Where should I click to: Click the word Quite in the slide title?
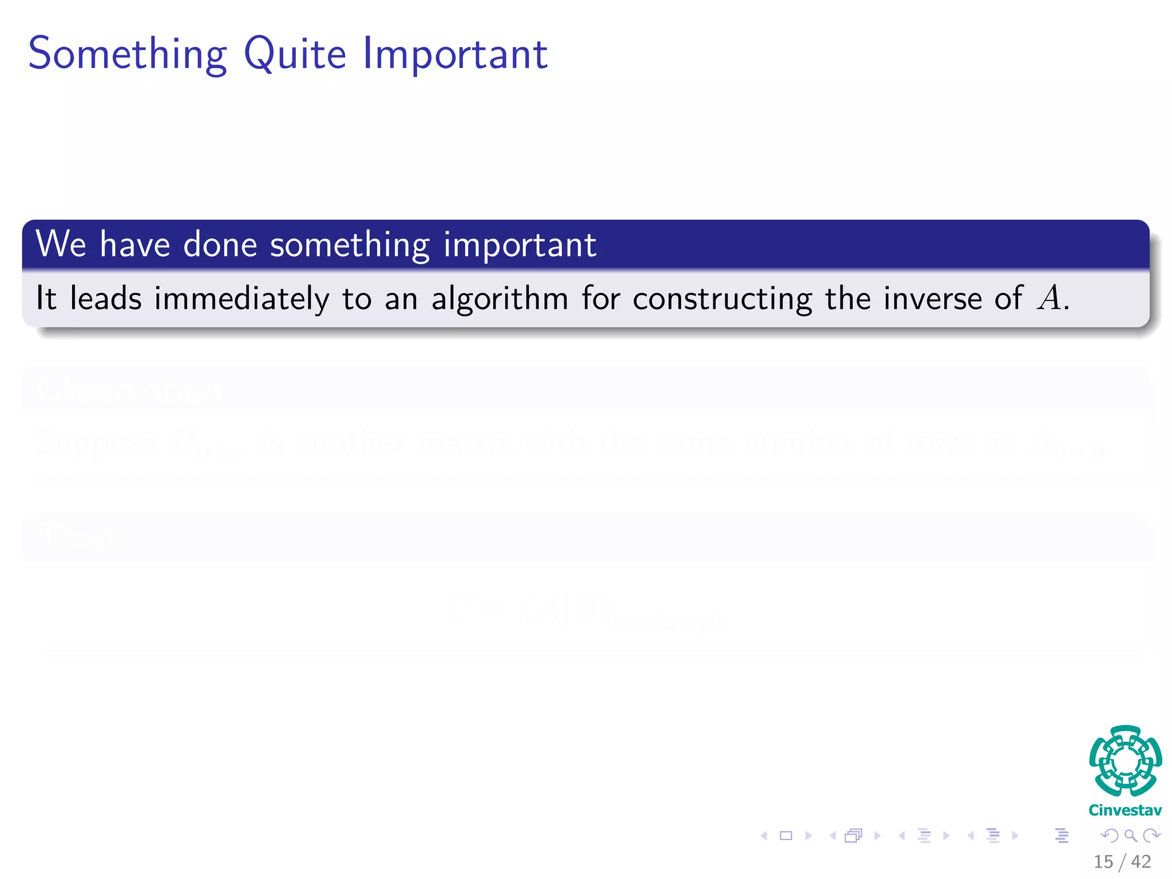coord(295,54)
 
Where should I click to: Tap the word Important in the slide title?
coord(456,54)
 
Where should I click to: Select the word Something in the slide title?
coord(128,54)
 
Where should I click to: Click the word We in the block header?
coord(61,244)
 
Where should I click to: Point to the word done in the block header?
coord(220,244)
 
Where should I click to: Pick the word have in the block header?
coord(135,244)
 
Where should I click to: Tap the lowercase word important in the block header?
coord(520,245)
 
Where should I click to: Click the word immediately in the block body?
coord(241,299)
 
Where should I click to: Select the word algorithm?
coord(499,299)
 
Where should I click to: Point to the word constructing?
coord(722,299)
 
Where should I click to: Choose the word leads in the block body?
coord(105,299)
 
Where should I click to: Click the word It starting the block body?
coord(46,298)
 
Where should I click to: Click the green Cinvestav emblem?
coord(1125,761)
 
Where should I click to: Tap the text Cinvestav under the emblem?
coord(1125,810)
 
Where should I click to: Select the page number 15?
coord(1103,862)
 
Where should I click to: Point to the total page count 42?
coord(1141,862)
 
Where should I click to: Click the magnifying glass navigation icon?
coord(1130,836)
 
